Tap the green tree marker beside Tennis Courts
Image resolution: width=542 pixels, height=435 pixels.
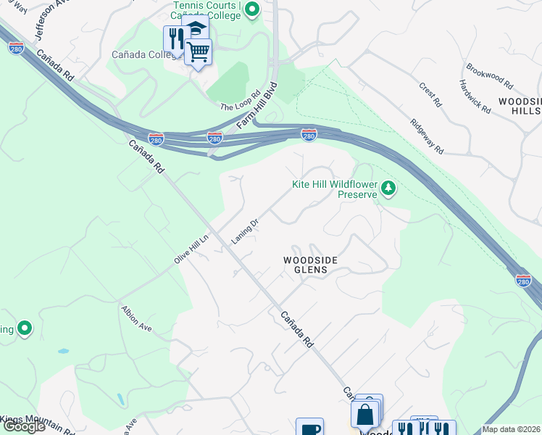click(x=252, y=9)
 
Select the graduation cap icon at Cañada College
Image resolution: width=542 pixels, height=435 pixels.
click(x=195, y=28)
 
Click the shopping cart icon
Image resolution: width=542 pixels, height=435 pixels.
click(x=198, y=51)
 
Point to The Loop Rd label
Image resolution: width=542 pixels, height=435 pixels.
click(x=240, y=101)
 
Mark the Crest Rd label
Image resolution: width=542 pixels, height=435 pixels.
click(x=430, y=94)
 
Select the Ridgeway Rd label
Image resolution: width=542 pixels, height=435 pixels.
click(x=426, y=136)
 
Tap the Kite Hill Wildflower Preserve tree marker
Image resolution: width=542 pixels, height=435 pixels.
click(x=389, y=189)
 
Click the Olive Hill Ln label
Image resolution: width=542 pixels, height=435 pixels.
click(x=191, y=249)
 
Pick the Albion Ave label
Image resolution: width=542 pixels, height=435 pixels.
click(x=136, y=318)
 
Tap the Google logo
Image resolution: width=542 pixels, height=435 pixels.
click(x=23, y=427)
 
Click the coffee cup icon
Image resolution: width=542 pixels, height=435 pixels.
click(x=309, y=428)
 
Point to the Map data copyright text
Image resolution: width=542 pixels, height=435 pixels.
click(x=512, y=429)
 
